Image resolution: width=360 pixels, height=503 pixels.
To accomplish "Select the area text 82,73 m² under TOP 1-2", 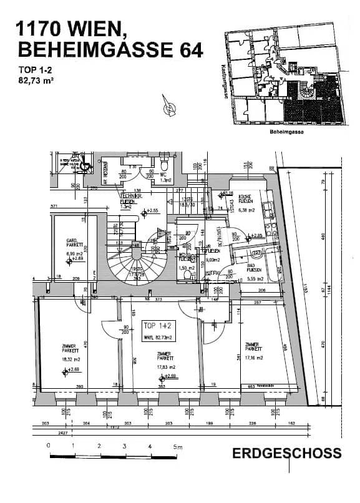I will pos(37,81).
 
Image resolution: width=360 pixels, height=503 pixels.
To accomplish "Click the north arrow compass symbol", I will pos(169,108).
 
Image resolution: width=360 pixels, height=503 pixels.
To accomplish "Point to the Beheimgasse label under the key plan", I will pos(286,133).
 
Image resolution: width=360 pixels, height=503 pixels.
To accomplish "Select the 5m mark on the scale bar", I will pos(178,447).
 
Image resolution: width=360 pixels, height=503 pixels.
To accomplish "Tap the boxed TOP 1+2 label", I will pos(157,326).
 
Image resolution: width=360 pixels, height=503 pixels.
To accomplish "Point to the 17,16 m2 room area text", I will pos(255,358).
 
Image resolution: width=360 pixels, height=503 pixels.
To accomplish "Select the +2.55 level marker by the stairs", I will pos(150,211).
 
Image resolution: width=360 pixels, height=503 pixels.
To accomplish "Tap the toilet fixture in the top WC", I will pos(163,167).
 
